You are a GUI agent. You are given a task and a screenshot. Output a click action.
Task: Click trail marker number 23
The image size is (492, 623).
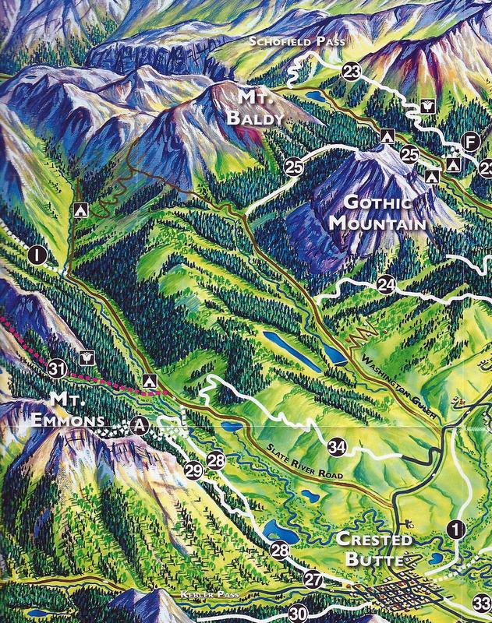coord(352,72)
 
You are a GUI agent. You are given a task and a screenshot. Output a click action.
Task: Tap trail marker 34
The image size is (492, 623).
coord(337,447)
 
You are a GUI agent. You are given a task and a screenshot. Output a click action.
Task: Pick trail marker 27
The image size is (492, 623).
coord(313,579)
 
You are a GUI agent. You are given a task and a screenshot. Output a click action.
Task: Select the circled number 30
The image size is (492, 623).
coord(297,613)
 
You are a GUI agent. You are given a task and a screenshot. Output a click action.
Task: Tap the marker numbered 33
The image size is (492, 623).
coord(482,602)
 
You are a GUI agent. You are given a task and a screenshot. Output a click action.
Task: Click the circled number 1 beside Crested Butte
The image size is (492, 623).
coord(456,530)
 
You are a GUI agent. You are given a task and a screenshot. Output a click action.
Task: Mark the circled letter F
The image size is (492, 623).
coord(469,141)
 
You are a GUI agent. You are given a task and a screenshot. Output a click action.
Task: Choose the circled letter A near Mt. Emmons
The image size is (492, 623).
coord(140,424)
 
